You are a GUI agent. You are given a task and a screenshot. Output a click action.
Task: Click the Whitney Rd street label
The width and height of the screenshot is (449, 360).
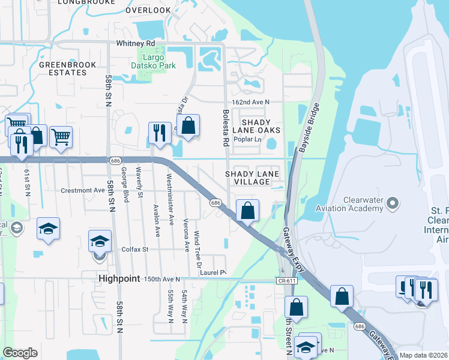point(136,44)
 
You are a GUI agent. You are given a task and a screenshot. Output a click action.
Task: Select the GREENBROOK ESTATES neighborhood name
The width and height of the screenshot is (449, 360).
point(63,68)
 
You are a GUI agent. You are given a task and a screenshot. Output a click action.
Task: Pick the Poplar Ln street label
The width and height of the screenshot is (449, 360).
point(249,139)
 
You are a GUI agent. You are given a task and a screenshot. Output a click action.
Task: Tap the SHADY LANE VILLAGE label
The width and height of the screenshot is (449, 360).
point(252,178)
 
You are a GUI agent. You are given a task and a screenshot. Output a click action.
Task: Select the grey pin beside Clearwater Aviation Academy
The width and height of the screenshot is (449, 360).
point(393,203)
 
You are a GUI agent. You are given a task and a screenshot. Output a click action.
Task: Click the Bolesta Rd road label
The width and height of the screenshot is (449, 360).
point(226,128)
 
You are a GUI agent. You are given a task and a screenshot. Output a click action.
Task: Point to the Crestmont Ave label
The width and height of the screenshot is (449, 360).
point(83,190)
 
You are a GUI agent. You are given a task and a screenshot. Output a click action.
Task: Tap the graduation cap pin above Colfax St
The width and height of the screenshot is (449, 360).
point(100,241)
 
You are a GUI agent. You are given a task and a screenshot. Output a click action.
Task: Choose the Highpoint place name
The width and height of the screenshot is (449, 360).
point(119,279)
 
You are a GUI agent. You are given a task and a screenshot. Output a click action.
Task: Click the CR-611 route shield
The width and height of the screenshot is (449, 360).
point(285,280)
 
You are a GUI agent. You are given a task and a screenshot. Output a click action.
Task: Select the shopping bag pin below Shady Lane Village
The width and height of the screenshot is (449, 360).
point(247,211)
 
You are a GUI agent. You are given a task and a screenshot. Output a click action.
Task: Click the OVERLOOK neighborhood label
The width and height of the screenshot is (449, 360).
point(149,10)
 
